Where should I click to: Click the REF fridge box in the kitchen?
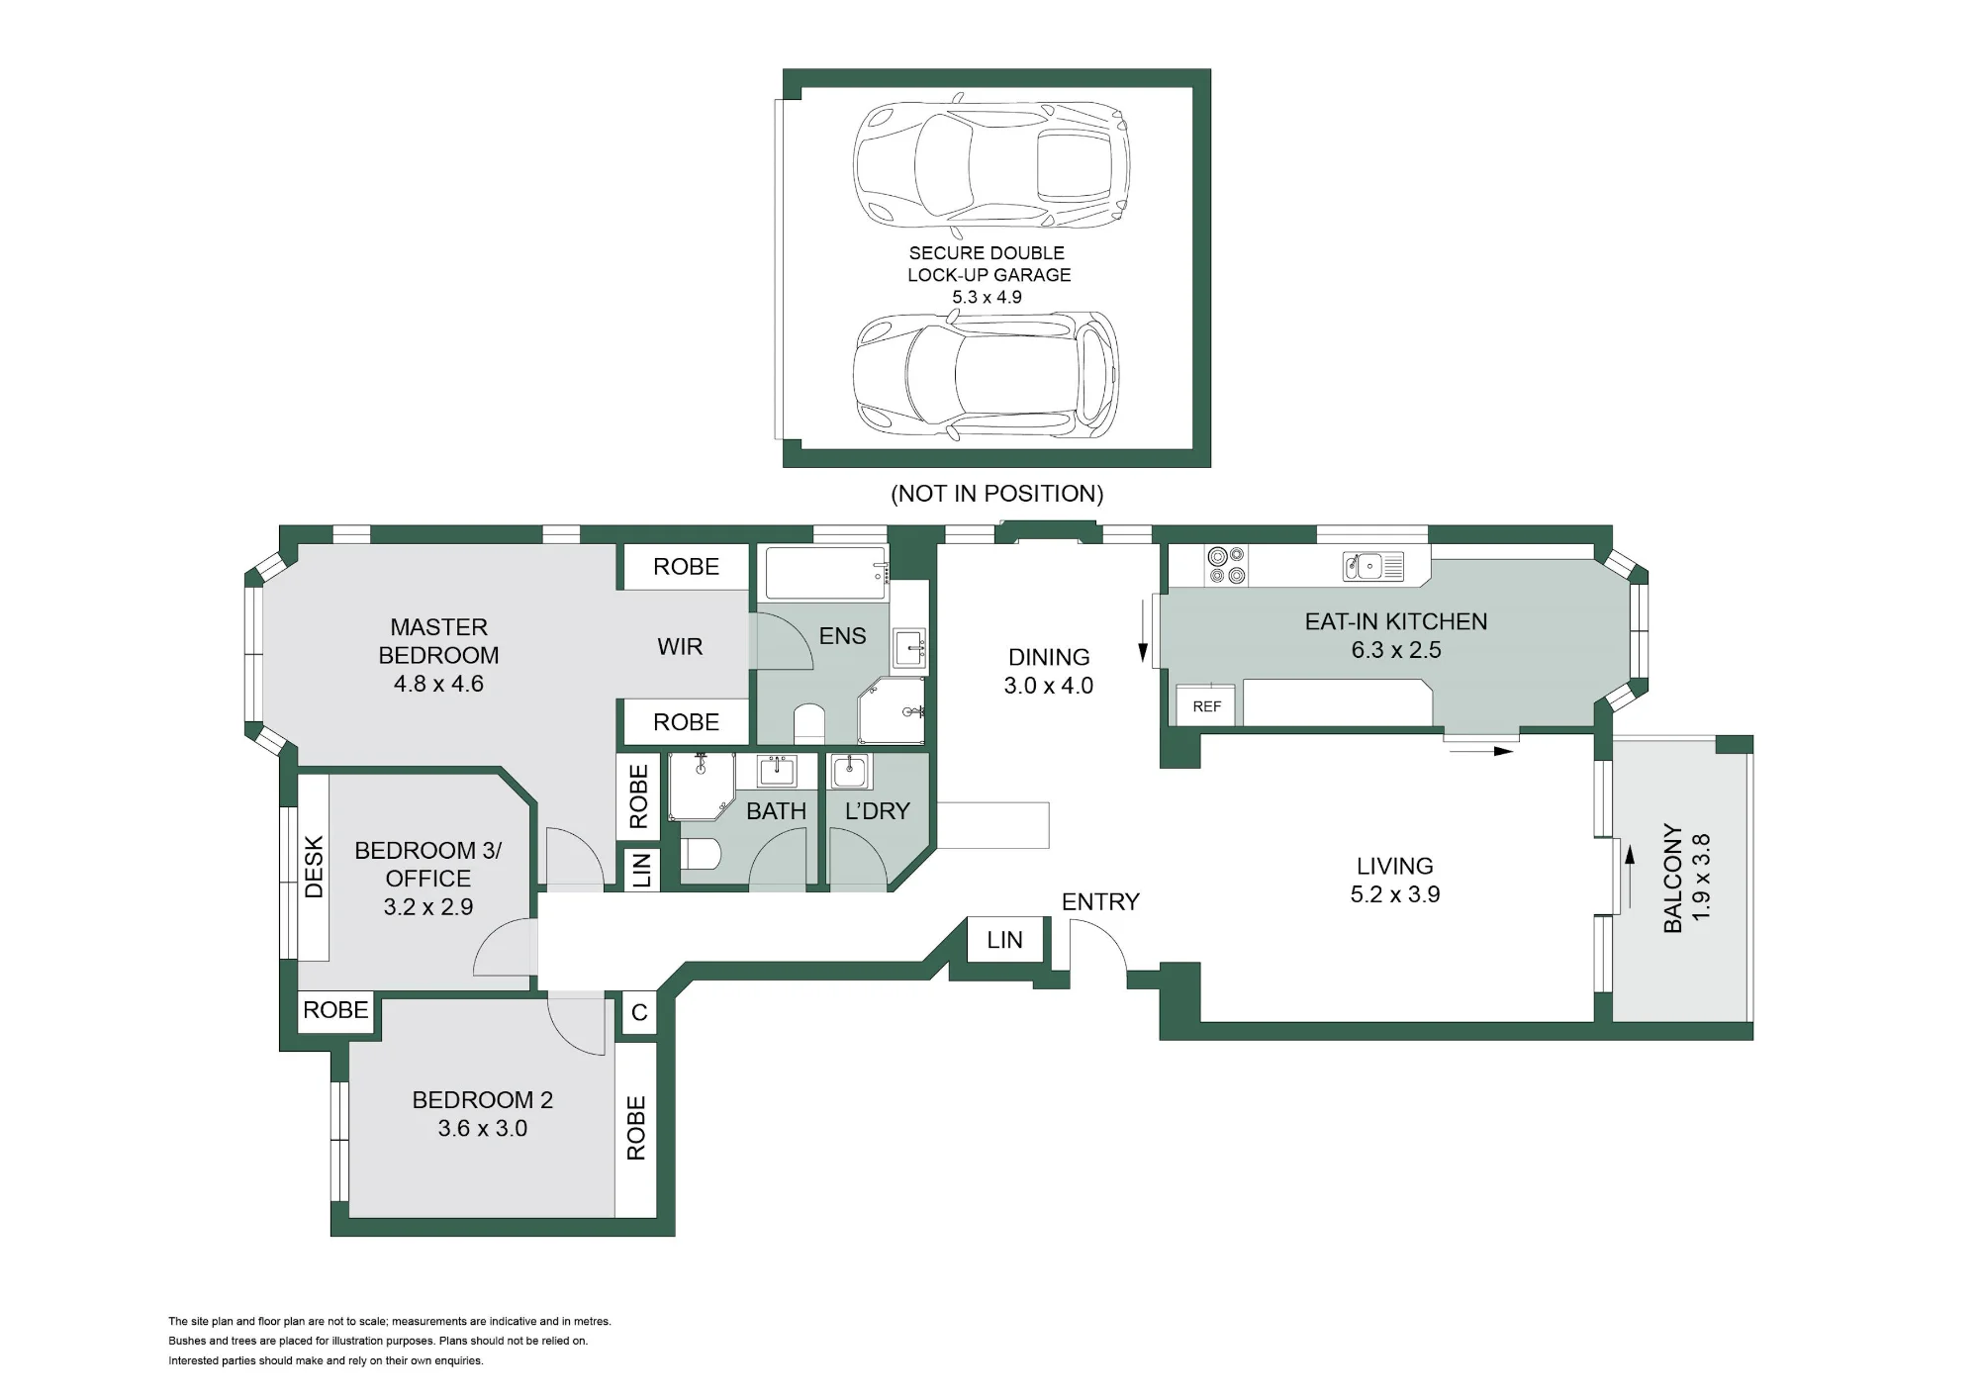coord(1206,704)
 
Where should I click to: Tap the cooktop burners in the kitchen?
coord(1226,565)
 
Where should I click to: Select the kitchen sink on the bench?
coord(1373,566)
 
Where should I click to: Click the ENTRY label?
coord(1100,901)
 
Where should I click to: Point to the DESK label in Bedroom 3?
coord(314,868)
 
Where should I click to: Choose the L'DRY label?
coord(877,811)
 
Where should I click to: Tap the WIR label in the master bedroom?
coord(680,647)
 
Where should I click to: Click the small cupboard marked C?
coord(639,1013)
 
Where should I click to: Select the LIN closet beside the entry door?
coord(1004,940)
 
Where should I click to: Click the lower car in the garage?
coord(987,376)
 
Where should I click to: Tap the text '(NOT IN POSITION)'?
coord(997,494)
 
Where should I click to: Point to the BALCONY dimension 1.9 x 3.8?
coord(1701,878)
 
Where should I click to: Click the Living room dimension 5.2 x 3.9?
coord(1395,894)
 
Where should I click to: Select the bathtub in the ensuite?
coord(827,573)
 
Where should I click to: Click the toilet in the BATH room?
coord(702,854)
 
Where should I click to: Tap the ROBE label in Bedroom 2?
coord(635,1128)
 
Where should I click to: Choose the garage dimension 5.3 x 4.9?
coord(987,297)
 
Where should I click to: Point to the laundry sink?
coord(849,771)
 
